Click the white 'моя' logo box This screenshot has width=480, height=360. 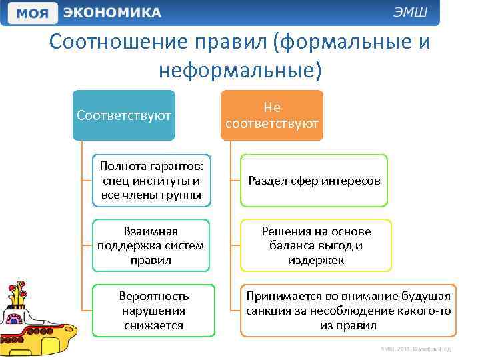click(32, 13)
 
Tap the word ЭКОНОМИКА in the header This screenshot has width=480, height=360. click(112, 13)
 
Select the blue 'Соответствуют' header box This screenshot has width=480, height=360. click(124, 115)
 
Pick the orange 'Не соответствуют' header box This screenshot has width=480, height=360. click(272, 115)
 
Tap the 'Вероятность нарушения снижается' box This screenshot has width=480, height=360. click(153, 311)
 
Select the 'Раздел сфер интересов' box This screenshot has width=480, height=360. click(314, 181)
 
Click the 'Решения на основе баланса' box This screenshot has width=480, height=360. click(316, 245)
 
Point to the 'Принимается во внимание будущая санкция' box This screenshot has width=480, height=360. click(349, 311)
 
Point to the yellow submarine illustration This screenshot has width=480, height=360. click(37, 320)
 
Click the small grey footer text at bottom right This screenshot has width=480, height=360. click(416, 349)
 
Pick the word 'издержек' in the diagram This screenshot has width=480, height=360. click(316, 260)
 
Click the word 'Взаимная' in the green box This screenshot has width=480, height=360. click(151, 231)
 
